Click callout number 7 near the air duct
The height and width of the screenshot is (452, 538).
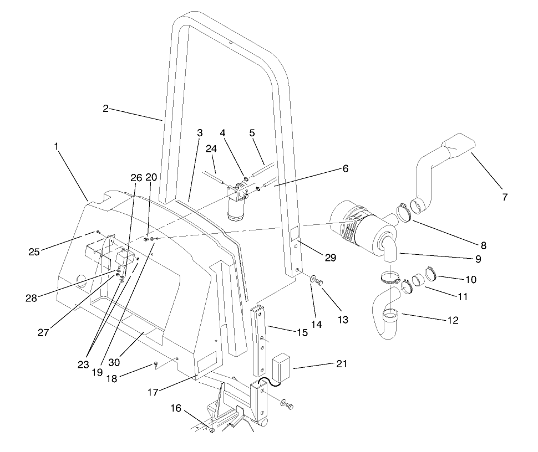tap(504, 197)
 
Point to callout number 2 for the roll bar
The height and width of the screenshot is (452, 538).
tap(105, 109)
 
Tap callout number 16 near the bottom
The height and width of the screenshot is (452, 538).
tap(176, 408)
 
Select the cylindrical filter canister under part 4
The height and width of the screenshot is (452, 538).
tap(239, 211)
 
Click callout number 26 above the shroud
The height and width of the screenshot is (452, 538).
tap(136, 178)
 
